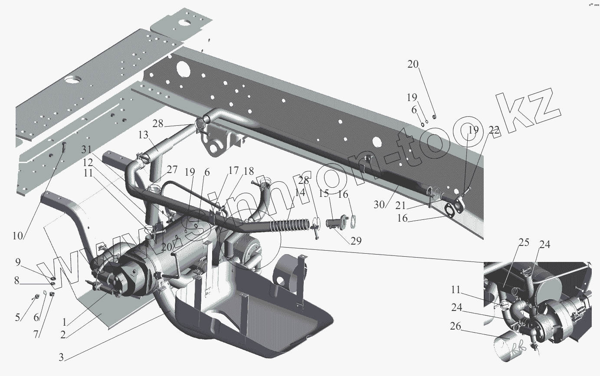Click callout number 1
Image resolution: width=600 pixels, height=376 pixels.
(x=64, y=322)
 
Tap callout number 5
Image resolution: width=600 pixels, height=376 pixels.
(x=18, y=317)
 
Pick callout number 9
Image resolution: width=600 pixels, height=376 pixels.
(x=18, y=262)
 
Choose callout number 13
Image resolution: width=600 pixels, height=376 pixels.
(x=143, y=136)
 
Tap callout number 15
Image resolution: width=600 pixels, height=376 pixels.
(x=324, y=193)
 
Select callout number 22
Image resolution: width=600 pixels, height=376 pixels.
(x=494, y=130)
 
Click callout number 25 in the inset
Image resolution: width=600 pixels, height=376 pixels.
(x=524, y=242)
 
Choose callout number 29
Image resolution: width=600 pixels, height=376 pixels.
(x=356, y=241)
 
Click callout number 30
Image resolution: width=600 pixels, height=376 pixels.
(x=379, y=204)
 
